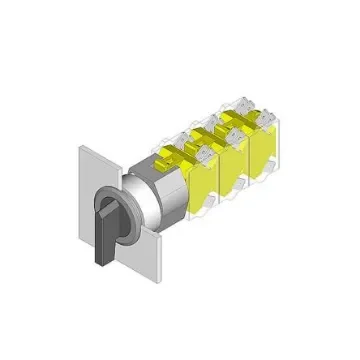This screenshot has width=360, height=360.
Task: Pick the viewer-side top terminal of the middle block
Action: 236,130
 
